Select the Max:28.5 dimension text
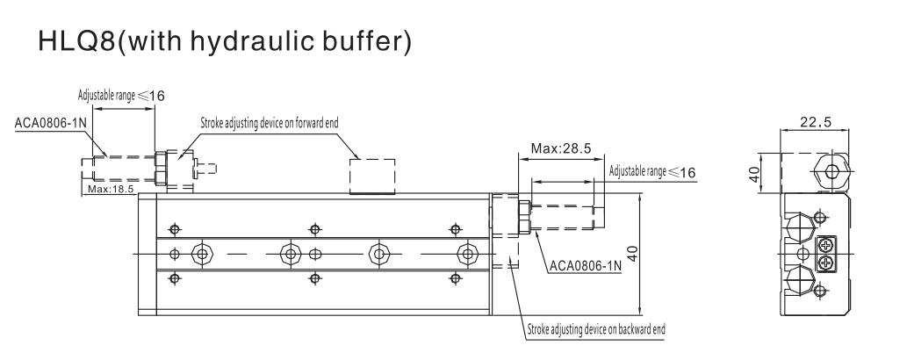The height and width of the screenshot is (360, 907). (x=559, y=146)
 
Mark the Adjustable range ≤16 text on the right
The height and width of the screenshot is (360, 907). (x=651, y=171)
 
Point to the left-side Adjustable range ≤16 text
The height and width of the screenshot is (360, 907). (x=115, y=97)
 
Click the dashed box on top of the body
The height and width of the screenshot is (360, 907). (x=372, y=176)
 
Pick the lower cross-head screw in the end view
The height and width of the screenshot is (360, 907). (x=825, y=262)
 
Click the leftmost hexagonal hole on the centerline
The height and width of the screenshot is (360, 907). (x=203, y=255)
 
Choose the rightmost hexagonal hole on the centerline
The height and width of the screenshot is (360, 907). (x=464, y=255)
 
